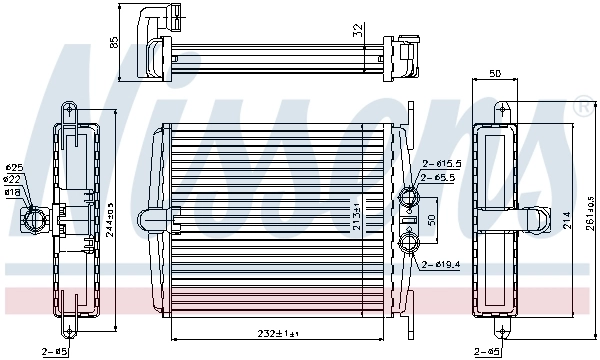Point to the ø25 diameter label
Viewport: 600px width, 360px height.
coord(13,166)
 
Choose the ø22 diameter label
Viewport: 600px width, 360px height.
coord(13,178)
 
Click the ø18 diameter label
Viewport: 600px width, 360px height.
coord(13,190)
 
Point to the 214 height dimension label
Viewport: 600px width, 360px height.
coord(565,216)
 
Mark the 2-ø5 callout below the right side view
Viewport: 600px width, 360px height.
coord(487,351)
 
